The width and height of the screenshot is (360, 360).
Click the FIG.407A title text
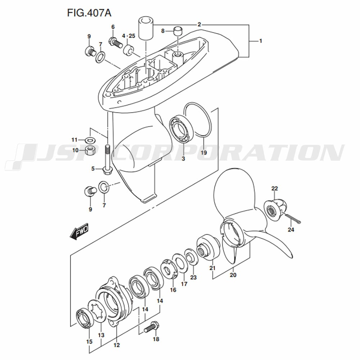89,13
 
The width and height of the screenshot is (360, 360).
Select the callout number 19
204,152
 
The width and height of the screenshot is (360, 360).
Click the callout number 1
260,41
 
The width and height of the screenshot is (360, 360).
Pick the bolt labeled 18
152,327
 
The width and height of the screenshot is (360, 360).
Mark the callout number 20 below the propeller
233,275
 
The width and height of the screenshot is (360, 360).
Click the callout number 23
194,277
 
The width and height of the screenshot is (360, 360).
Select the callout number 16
173,290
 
